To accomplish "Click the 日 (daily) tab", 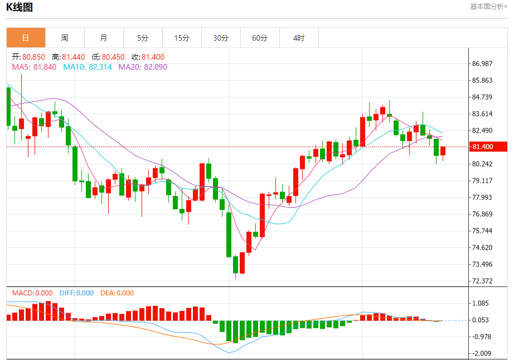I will (26, 38).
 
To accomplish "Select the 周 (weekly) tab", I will (65, 38).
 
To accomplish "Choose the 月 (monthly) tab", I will (104, 38).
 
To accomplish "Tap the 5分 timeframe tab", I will (143, 38).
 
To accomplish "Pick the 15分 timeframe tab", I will (182, 38).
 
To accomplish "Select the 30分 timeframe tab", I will (221, 38).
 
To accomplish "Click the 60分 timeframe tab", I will (260, 38).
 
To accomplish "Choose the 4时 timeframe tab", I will (299, 38).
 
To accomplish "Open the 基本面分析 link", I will (488, 7).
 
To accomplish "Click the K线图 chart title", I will (20, 7).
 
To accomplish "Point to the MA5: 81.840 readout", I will (34, 67).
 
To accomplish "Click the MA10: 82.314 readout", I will (87, 67).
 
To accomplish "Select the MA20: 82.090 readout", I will (143, 67).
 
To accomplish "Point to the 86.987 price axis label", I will (482, 64).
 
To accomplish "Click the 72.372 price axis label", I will (482, 281).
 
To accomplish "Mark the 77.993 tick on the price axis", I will (482, 197).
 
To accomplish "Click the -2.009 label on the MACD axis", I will (482, 353).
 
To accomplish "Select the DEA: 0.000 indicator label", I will (117, 293).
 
